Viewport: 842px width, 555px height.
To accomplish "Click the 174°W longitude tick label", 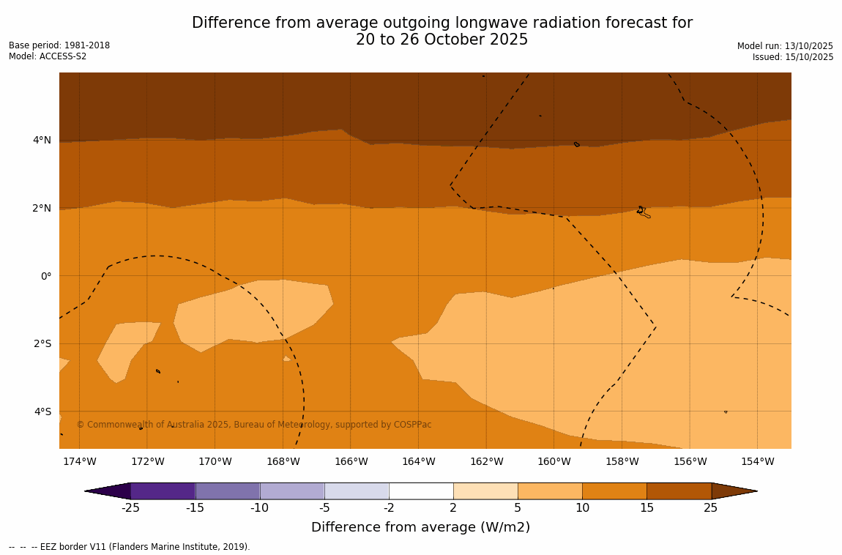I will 79,461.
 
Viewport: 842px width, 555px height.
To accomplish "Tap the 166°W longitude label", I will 351,461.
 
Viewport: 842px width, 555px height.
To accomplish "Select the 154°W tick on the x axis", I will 757,461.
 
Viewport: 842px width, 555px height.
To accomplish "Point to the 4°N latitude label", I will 42,140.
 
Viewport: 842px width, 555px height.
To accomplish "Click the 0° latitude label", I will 46,276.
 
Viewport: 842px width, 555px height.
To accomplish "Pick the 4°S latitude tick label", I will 42,411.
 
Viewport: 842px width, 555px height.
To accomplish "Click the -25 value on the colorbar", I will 130,508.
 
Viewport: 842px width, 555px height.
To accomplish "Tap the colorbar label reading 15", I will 647,508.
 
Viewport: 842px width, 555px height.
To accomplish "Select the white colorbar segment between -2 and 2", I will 421,491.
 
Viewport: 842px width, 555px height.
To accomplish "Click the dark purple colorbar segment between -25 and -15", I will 163,491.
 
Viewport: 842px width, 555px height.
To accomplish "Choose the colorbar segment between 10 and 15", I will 614,491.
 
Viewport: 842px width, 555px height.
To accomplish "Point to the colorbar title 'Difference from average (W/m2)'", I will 420,527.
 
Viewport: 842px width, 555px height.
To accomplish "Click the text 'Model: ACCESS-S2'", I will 48,56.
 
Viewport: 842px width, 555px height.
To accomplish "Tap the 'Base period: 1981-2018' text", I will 59,45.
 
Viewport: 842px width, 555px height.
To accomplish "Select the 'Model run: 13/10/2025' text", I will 785,45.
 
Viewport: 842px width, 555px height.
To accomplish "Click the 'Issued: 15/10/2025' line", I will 793,57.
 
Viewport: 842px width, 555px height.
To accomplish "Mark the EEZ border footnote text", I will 130,547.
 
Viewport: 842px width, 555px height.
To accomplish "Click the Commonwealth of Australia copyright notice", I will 254,425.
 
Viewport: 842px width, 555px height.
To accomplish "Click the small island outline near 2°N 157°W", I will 642,212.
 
